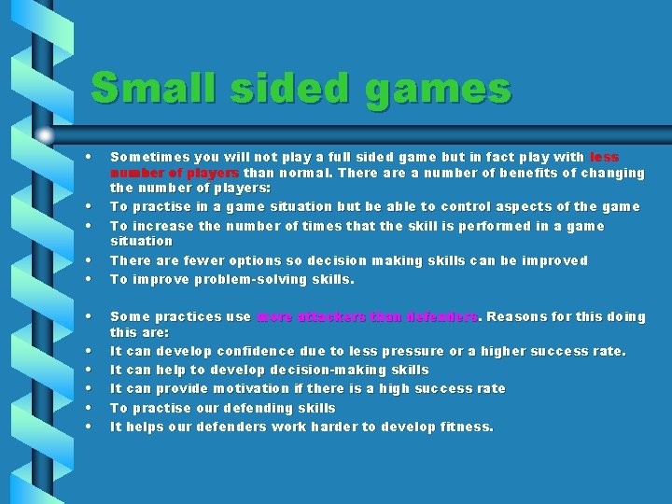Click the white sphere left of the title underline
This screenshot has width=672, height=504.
[45, 135]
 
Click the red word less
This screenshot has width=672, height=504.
[604, 158]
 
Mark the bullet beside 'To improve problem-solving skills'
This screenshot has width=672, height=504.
[87, 279]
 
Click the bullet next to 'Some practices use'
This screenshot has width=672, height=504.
[87, 316]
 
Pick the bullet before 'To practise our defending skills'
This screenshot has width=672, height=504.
[87, 408]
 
